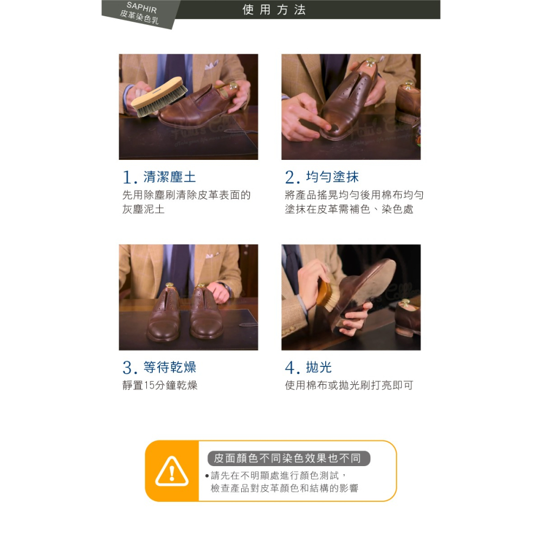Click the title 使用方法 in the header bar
pyautogui.click(x=274, y=10)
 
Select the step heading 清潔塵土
pyautogui.click(x=169, y=177)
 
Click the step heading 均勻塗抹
pyautogui.click(x=332, y=177)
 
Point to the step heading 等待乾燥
pyautogui.click(x=170, y=367)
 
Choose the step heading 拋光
pyautogui.click(x=319, y=367)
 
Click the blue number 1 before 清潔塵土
pyautogui.click(x=128, y=178)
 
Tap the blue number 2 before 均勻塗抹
pyautogui.click(x=291, y=178)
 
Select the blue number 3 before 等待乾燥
pyautogui.click(x=128, y=369)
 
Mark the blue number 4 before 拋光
pyautogui.click(x=291, y=369)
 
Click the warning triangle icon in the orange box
pyautogui.click(x=172, y=472)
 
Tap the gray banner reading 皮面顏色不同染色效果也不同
pyautogui.click(x=288, y=459)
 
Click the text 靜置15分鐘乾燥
pyautogui.click(x=159, y=385)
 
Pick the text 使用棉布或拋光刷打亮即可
pyautogui.click(x=349, y=385)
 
